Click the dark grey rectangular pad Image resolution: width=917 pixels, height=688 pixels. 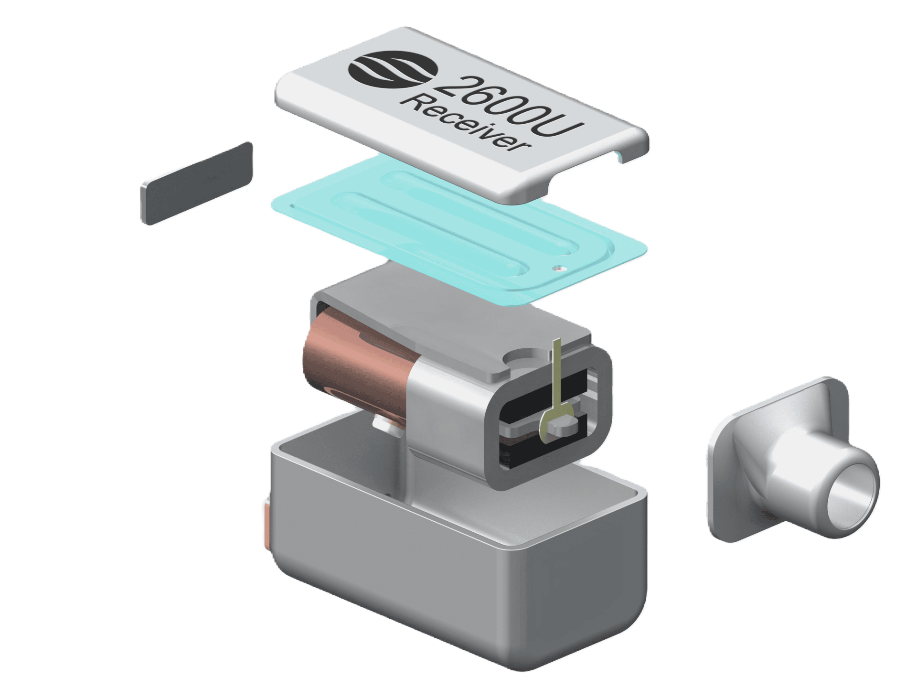pyautogui.click(x=196, y=183)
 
